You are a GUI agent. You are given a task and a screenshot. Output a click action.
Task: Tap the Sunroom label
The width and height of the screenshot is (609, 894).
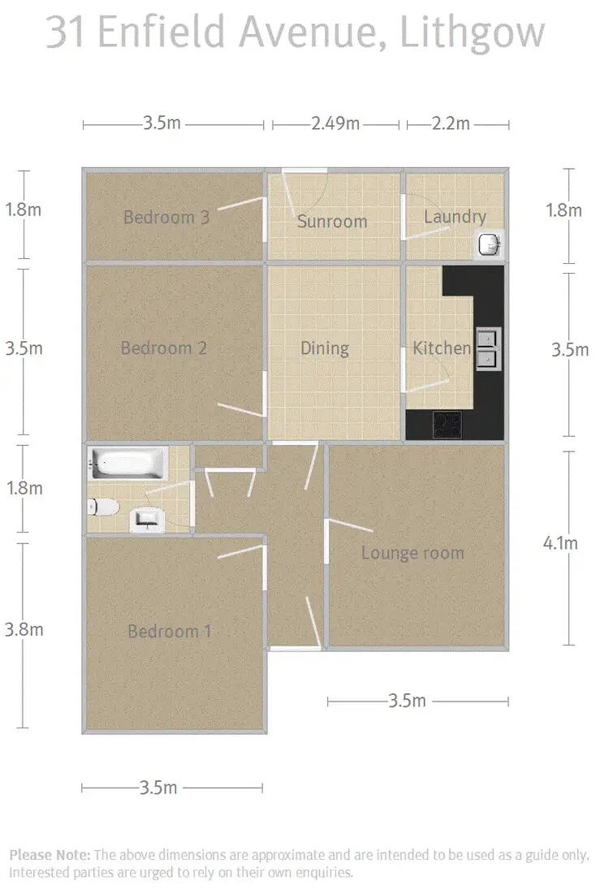click(331, 222)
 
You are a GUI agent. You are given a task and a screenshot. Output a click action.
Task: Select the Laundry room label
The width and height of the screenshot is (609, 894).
click(455, 217)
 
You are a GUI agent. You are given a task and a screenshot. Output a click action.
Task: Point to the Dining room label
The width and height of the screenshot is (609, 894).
click(324, 348)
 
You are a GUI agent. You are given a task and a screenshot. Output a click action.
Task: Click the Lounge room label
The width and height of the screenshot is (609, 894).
click(412, 553)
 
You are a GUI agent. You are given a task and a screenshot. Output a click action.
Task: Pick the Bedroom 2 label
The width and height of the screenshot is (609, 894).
click(164, 348)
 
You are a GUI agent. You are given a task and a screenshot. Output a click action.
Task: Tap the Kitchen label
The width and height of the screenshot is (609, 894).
click(442, 348)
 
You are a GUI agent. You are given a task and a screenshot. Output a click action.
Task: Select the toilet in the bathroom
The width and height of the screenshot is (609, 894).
click(102, 507)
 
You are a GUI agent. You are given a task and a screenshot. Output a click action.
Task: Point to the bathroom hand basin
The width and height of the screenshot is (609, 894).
click(147, 518)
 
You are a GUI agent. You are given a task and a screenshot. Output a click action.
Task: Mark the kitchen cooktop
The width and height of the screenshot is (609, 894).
click(446, 424)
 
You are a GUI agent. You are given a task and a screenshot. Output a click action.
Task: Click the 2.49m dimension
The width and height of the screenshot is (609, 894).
click(335, 124)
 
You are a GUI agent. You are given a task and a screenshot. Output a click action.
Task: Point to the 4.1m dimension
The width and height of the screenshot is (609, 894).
click(560, 543)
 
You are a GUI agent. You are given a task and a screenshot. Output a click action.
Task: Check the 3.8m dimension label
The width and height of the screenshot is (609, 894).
click(24, 629)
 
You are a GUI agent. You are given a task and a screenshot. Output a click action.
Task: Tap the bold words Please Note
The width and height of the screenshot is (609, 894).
click(50, 855)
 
